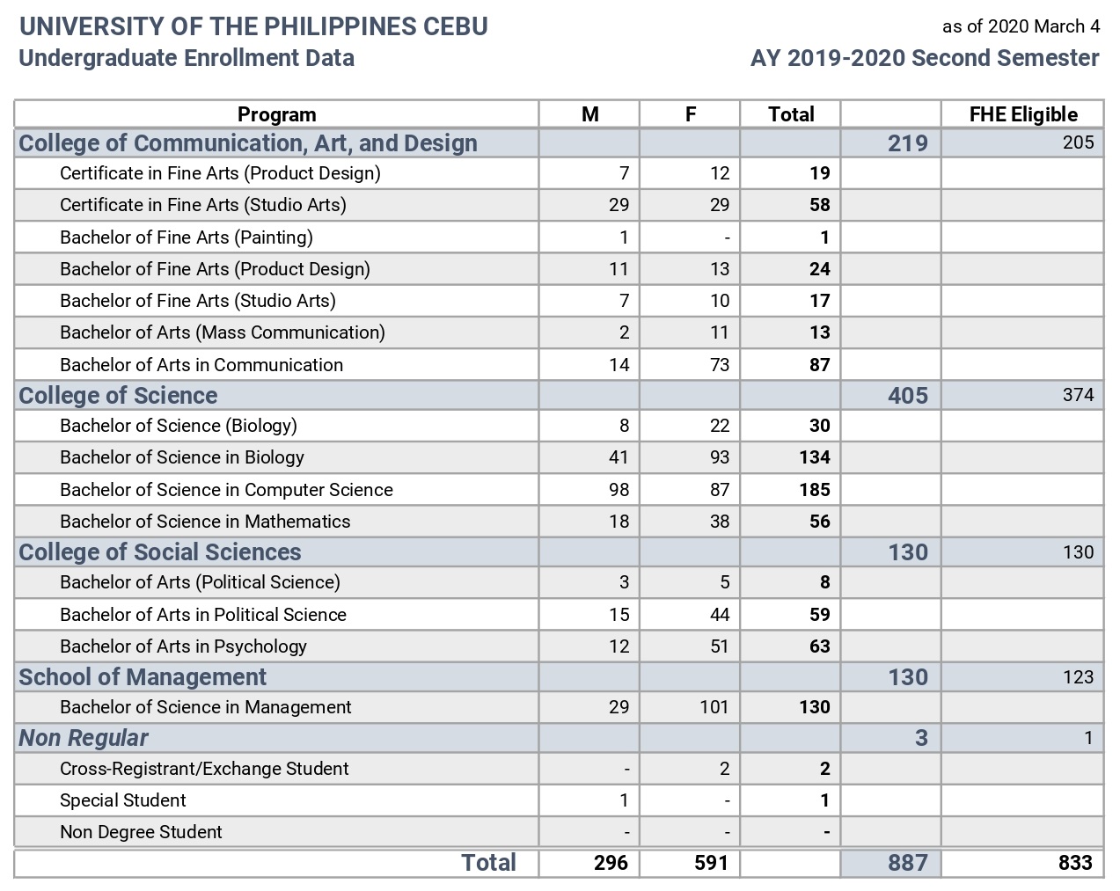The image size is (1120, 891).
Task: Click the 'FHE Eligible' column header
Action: pyautogui.click(x=1023, y=114)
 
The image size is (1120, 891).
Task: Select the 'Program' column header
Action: pyautogui.click(x=277, y=114)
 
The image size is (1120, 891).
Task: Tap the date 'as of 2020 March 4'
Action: pyautogui.click(x=1021, y=26)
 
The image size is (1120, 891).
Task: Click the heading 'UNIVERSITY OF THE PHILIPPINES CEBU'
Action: pyautogui.click(x=253, y=26)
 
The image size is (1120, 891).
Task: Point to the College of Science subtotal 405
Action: pyautogui.click(x=908, y=396)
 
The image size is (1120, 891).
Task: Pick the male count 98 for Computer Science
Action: pyautogui.click(x=619, y=490)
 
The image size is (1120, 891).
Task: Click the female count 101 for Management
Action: pyautogui.click(x=714, y=707)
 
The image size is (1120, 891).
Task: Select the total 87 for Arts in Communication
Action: pyautogui.click(x=820, y=365)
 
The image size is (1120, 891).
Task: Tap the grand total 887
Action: pyautogui.click(x=908, y=863)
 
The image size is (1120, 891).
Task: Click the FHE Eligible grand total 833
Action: pyautogui.click(x=1075, y=863)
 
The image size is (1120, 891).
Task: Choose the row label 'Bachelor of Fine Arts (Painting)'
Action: pyautogui.click(x=187, y=237)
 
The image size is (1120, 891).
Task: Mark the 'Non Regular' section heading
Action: pyautogui.click(x=84, y=738)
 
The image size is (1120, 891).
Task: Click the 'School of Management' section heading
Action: pyautogui.click(x=143, y=677)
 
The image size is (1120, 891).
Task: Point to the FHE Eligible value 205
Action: pyautogui.click(x=1079, y=142)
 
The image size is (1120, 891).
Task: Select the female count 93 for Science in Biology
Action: pyautogui.click(x=720, y=457)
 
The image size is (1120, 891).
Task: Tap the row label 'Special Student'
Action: pyautogui.click(x=123, y=800)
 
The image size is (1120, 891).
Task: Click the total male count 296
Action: pyautogui.click(x=611, y=863)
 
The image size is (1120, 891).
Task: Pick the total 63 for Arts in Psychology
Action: pyautogui.click(x=820, y=646)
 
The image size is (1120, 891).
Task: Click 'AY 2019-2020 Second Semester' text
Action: pyautogui.click(x=925, y=58)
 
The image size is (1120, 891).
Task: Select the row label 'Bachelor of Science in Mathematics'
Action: pyautogui.click(x=205, y=522)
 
